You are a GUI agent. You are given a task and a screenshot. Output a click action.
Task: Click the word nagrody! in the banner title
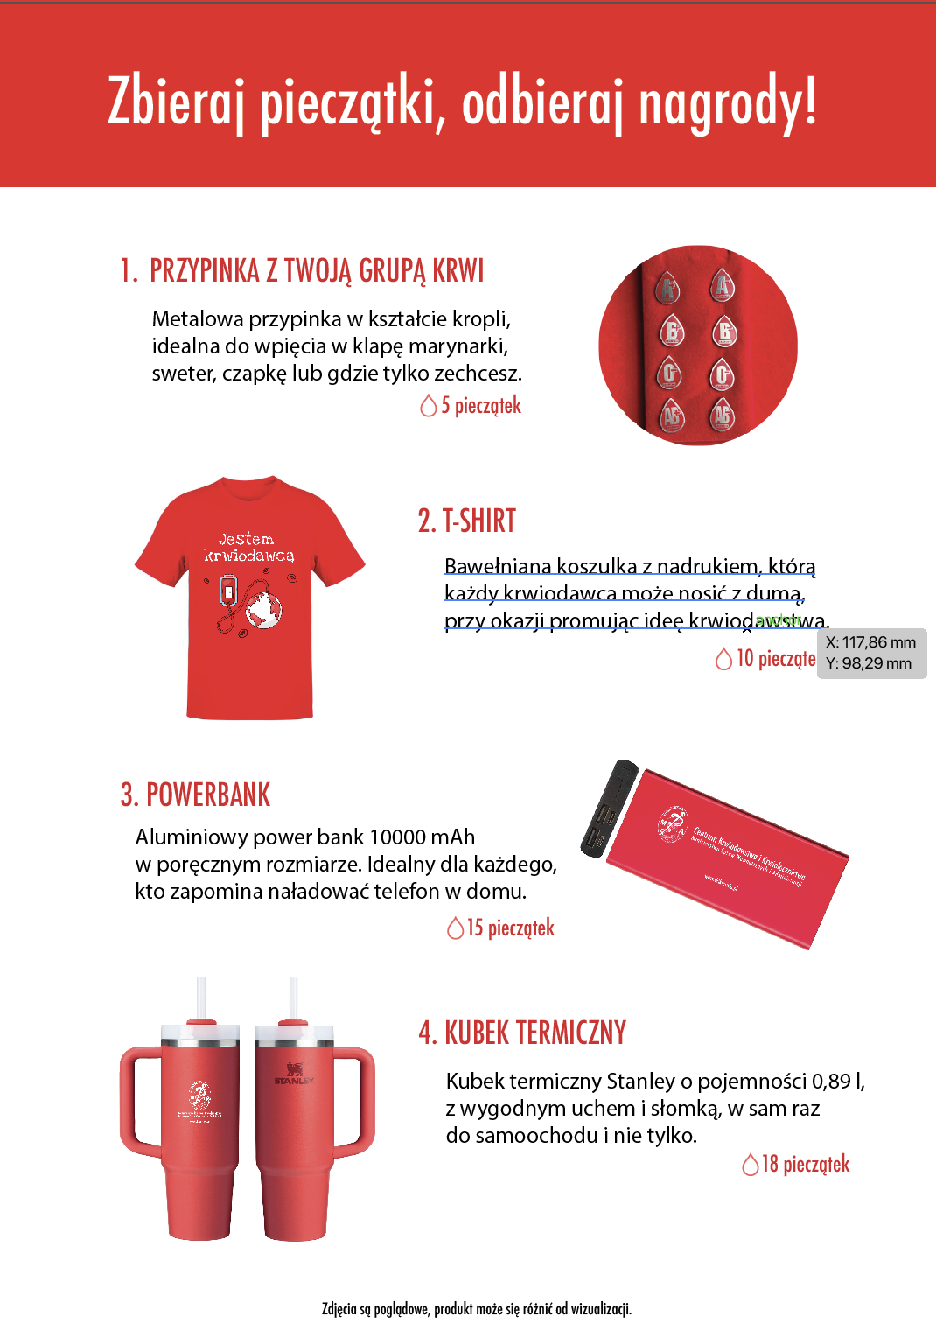[x=728, y=103]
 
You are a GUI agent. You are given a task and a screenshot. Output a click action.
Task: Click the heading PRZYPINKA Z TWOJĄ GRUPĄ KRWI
[x=316, y=271]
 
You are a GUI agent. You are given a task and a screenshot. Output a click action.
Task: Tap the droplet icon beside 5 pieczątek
[x=429, y=406]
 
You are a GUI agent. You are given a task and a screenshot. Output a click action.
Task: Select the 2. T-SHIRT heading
[x=467, y=521]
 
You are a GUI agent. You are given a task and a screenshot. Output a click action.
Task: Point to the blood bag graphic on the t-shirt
[x=228, y=591]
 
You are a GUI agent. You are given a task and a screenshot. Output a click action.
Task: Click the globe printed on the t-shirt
[x=262, y=609]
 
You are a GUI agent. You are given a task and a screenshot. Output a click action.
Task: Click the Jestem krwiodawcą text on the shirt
[x=248, y=547]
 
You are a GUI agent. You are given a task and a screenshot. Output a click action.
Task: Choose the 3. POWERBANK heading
[x=196, y=794]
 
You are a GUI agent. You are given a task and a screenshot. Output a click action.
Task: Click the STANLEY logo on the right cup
[x=293, y=1074]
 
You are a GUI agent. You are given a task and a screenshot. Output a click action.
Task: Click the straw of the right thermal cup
[x=293, y=997]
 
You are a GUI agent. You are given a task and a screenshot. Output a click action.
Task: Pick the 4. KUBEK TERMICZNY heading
[x=522, y=1032]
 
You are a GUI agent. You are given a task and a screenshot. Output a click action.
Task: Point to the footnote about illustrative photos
[x=477, y=1309]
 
